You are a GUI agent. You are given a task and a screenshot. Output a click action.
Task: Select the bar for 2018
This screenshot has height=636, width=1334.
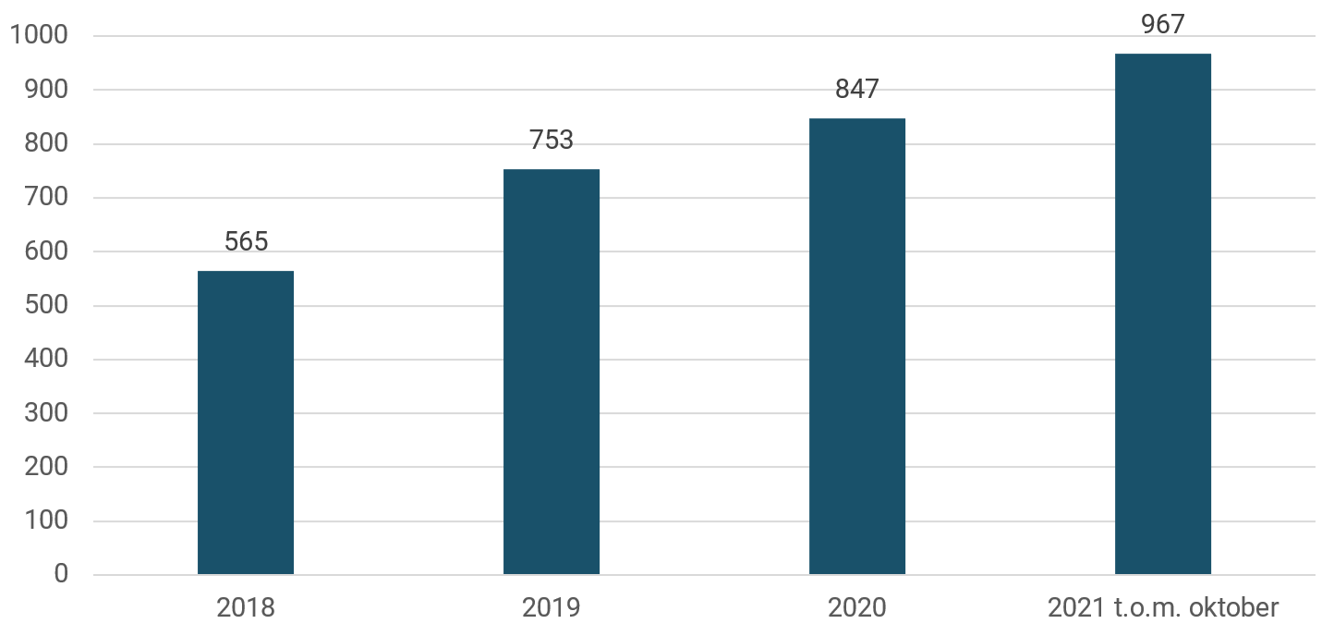coord(246,422)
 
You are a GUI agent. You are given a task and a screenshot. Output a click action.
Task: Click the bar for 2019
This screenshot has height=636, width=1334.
coord(552,372)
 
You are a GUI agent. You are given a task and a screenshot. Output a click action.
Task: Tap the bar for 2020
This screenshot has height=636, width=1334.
coord(857,347)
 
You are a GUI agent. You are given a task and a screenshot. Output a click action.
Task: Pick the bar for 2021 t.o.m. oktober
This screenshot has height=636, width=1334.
coord(1162,314)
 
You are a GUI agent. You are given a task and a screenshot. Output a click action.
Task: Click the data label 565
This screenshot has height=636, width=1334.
coord(246,242)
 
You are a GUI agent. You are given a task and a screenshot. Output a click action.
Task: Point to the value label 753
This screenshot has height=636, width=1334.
coord(552,141)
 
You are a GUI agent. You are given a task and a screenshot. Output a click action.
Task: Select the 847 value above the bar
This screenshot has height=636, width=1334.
coord(857,90)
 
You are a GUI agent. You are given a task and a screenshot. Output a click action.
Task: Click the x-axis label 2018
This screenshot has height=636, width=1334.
coord(246,608)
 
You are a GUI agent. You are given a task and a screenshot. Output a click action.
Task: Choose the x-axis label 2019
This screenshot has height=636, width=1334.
coord(552,608)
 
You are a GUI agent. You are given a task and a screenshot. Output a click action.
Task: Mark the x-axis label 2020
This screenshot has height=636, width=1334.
coord(857,608)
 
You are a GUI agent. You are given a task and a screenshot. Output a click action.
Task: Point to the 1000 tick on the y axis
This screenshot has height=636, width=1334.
coord(38,36)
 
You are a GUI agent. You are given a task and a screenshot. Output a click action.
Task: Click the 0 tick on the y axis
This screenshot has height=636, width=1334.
coord(61,574)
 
